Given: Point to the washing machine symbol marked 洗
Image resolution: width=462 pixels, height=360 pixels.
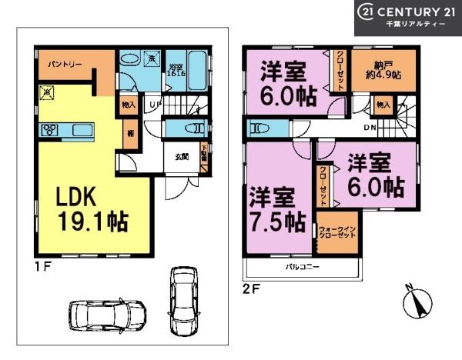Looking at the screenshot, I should point(152,59).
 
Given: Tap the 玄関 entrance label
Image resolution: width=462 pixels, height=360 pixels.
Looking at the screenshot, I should point(182,157).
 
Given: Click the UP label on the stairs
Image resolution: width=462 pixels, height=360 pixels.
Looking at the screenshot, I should point(155,103).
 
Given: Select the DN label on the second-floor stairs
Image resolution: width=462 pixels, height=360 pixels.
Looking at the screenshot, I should point(369,128).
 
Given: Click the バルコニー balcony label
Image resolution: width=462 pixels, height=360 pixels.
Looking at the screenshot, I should point(303,268).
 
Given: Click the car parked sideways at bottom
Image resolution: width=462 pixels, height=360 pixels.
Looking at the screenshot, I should point(106,315).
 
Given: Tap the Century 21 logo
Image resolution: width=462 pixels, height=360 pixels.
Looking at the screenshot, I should point(407,17).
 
